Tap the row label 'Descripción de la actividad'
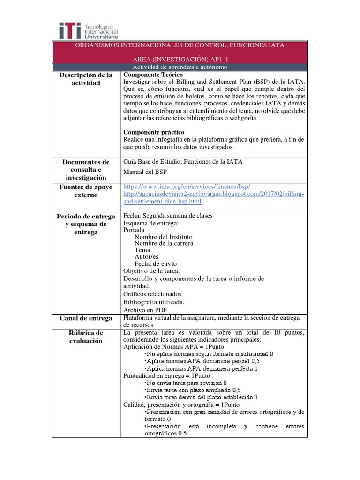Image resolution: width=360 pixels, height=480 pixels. point(87,79)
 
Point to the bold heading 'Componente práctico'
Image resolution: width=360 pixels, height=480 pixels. point(154,132)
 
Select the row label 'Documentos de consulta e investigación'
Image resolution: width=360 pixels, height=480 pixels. point(86,170)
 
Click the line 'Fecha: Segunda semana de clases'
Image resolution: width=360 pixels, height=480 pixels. point(168,216)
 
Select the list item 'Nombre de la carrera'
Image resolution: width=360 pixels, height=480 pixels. point(164,243)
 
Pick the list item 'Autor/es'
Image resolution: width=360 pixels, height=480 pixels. point(146,257)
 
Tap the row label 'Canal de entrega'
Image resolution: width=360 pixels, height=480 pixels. point(86,318)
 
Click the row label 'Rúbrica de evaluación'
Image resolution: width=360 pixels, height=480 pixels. point(86,337)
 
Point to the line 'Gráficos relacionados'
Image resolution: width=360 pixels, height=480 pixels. point(152,294)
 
